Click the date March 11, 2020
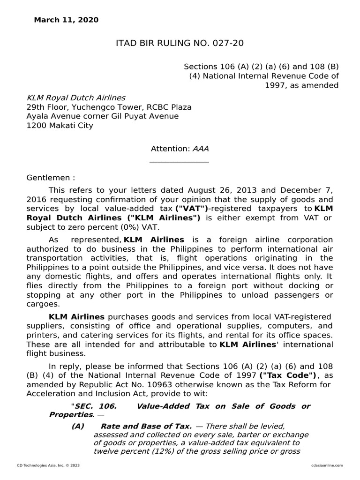(66, 20)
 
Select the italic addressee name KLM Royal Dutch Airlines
(75, 98)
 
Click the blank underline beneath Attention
(179, 162)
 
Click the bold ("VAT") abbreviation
(192, 209)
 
